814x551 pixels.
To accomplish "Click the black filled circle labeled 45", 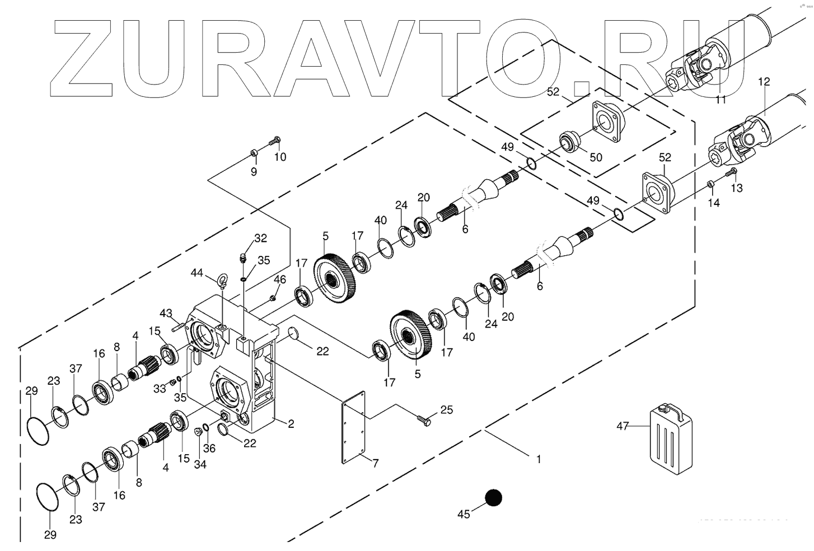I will click(x=494, y=497).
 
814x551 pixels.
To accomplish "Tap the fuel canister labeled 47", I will click(x=671, y=436).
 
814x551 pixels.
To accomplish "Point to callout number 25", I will click(x=446, y=410).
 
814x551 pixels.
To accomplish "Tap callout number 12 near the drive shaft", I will click(x=764, y=82).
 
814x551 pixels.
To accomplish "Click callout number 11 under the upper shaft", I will click(x=721, y=99).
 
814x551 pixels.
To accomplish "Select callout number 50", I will click(x=596, y=157).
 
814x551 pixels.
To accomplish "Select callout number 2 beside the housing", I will click(x=291, y=424).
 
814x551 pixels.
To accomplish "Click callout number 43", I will click(x=166, y=312).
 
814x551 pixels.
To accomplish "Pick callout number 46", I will click(x=280, y=279).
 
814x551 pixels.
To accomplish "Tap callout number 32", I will click(x=261, y=238).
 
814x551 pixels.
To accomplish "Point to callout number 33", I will click(x=160, y=387).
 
